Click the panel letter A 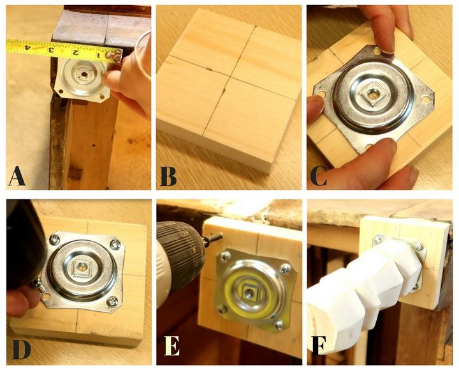tap(17, 176)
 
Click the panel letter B tap(168, 176)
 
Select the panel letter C tap(319, 176)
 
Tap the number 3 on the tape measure tap(51, 50)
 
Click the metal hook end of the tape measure tap(115, 56)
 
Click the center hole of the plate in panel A tap(84, 75)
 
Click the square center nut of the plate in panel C tap(373, 94)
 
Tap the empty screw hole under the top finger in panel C tap(377, 52)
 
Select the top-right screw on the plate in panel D tap(115, 243)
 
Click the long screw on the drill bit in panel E tap(213, 238)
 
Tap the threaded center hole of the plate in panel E tap(249, 292)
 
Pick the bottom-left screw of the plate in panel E tap(223, 309)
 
